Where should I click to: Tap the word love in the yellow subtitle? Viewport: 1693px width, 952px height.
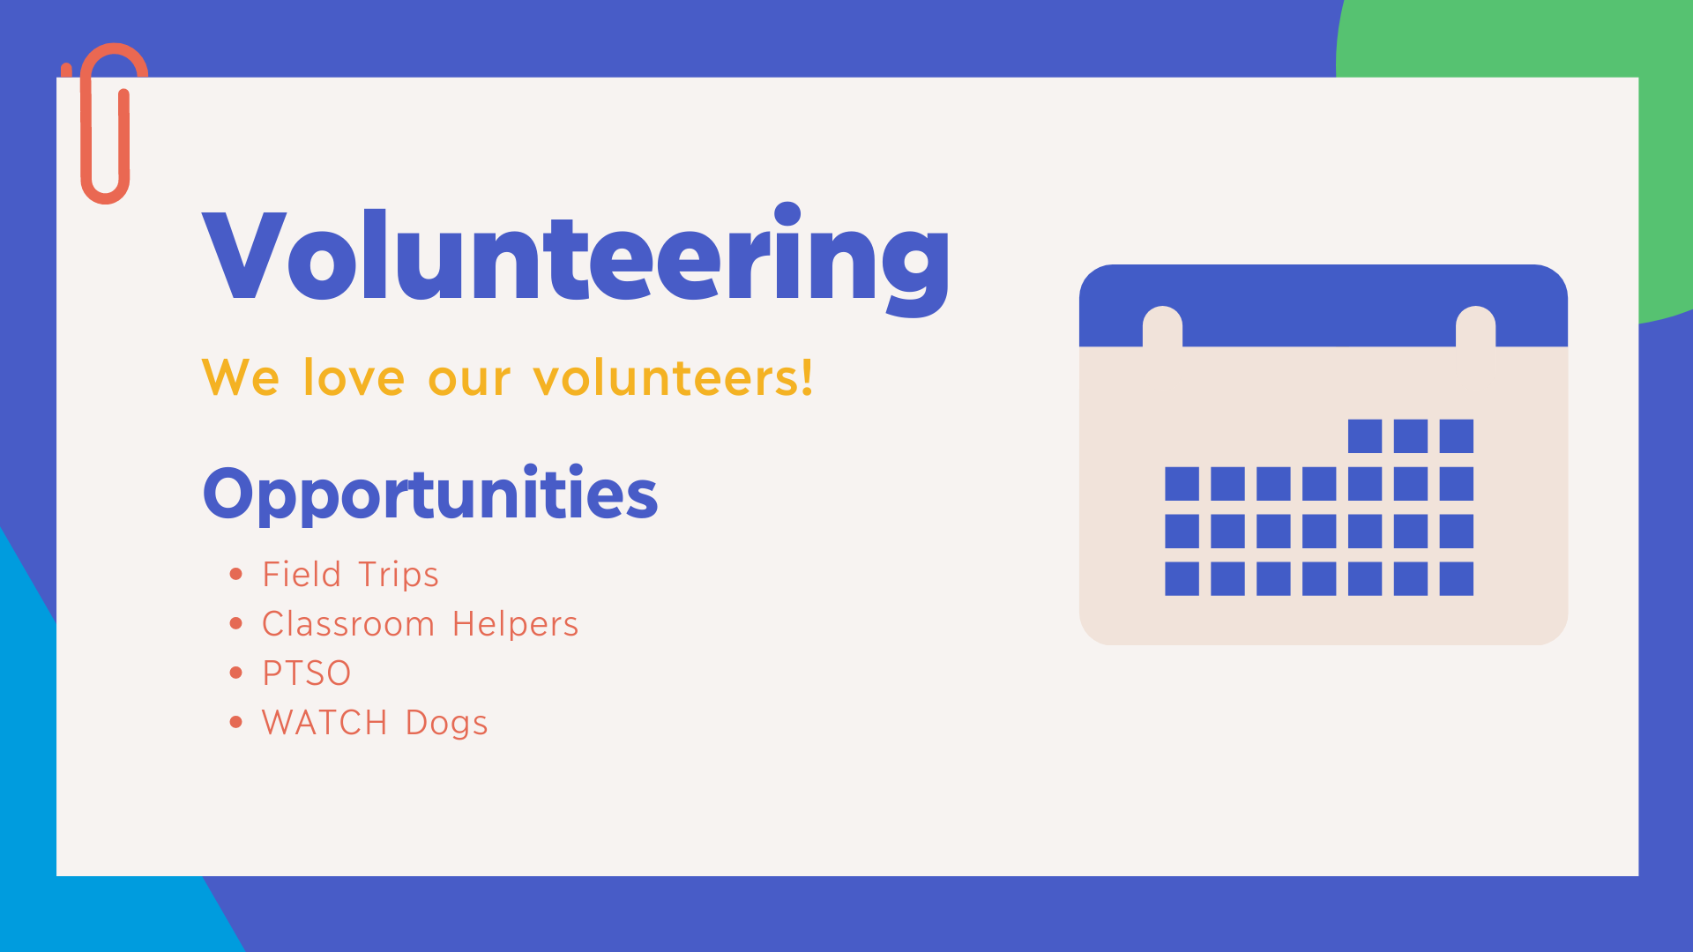(354, 377)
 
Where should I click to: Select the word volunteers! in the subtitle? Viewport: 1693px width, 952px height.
(673, 377)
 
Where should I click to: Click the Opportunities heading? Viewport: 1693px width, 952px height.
(430, 494)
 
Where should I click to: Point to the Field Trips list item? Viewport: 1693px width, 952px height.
(350, 575)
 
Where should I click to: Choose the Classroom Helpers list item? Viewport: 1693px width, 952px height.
(420, 624)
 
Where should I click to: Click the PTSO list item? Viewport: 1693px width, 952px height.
(307, 673)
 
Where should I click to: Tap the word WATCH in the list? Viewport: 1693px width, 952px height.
(324, 723)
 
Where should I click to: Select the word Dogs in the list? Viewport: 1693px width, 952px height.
(446, 724)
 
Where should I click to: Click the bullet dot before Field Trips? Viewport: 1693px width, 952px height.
(235, 575)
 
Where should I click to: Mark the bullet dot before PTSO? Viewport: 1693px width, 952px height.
(235, 673)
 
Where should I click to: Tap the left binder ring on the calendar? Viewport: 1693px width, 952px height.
(1162, 327)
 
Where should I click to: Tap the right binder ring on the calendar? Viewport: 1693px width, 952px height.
(1475, 327)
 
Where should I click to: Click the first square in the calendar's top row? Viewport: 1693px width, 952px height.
(1365, 436)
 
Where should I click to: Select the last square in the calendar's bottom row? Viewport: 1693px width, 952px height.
(1457, 579)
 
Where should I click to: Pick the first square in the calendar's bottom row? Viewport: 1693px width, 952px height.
(1182, 579)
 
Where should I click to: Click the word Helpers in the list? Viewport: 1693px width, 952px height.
(515, 624)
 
